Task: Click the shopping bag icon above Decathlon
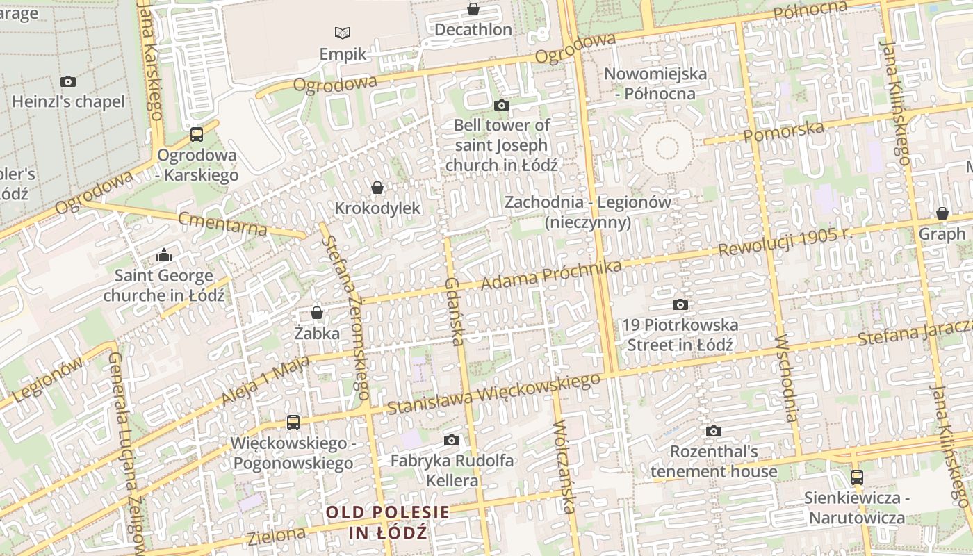click(473, 9)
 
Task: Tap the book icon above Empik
click(343, 33)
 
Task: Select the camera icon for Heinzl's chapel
click(68, 81)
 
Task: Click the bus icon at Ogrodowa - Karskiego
click(197, 135)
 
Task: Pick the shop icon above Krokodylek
click(377, 188)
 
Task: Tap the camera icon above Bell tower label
click(501, 106)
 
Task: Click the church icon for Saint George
click(164, 256)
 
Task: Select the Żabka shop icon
click(317, 313)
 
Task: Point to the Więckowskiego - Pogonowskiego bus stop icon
click(293, 422)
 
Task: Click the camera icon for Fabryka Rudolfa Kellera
click(452, 440)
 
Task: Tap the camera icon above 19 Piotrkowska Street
click(680, 304)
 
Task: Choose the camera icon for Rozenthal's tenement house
click(714, 432)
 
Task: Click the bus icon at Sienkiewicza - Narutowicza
click(857, 477)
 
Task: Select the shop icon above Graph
click(942, 213)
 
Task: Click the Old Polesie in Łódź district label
click(388, 523)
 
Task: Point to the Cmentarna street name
click(222, 224)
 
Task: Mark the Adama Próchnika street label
click(550, 275)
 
